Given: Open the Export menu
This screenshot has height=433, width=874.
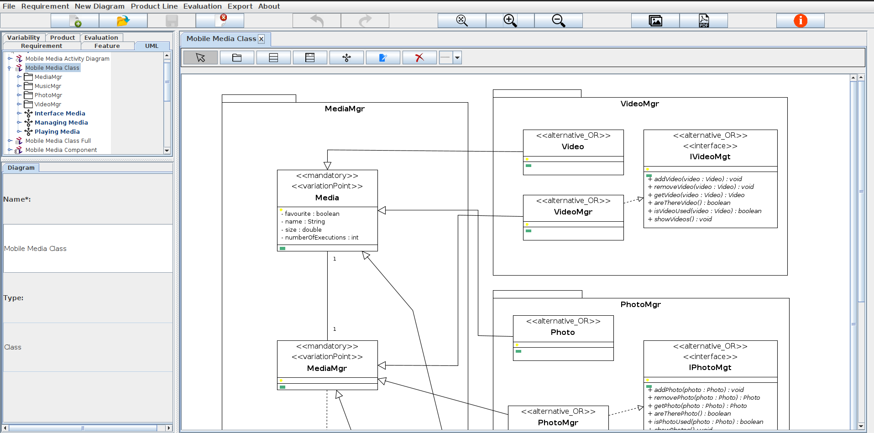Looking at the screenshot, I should [240, 6].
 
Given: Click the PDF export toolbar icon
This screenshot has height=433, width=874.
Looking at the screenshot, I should [703, 21].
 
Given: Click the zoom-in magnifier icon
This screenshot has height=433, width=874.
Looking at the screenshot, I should [510, 21].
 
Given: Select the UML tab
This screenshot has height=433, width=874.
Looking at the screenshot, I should [152, 46].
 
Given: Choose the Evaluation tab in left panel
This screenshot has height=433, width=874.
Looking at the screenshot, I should [101, 37].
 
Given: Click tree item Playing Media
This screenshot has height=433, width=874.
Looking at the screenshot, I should [57, 131].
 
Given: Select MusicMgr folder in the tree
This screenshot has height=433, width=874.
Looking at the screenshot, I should [47, 86].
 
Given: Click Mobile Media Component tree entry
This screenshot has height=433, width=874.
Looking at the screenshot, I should [61, 150].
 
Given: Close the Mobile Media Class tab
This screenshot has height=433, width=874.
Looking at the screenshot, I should [262, 39].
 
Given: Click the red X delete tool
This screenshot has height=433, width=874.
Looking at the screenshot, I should [419, 57].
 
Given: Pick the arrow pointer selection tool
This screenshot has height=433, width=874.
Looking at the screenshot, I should [200, 57].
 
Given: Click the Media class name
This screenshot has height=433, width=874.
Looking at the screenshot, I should [327, 198].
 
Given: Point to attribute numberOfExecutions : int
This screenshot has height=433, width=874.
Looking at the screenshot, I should [321, 237].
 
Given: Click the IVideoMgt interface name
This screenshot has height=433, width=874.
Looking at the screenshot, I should [710, 157].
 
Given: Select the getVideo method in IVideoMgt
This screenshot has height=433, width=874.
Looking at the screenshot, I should [699, 195].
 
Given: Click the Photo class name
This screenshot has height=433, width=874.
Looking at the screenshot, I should [562, 332].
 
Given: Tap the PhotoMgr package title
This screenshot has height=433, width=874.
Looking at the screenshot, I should [640, 304].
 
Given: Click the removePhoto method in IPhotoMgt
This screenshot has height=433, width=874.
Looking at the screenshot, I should [707, 397].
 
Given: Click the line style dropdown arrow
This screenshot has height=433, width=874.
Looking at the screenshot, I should [457, 57].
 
